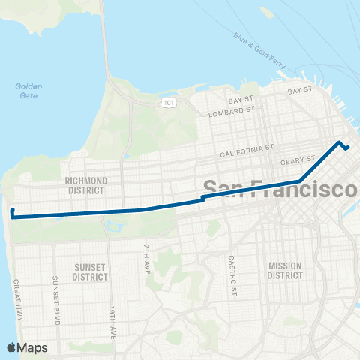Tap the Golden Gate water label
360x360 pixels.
(x=28, y=90)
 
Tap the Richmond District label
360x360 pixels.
(x=86, y=185)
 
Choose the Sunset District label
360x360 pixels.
(x=90, y=271)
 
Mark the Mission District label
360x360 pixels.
(x=285, y=270)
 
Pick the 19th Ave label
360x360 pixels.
(x=112, y=320)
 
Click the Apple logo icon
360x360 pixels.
(x=12, y=347)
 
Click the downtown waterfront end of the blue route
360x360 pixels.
(x=348, y=147)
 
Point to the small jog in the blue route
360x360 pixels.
(x=202, y=199)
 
